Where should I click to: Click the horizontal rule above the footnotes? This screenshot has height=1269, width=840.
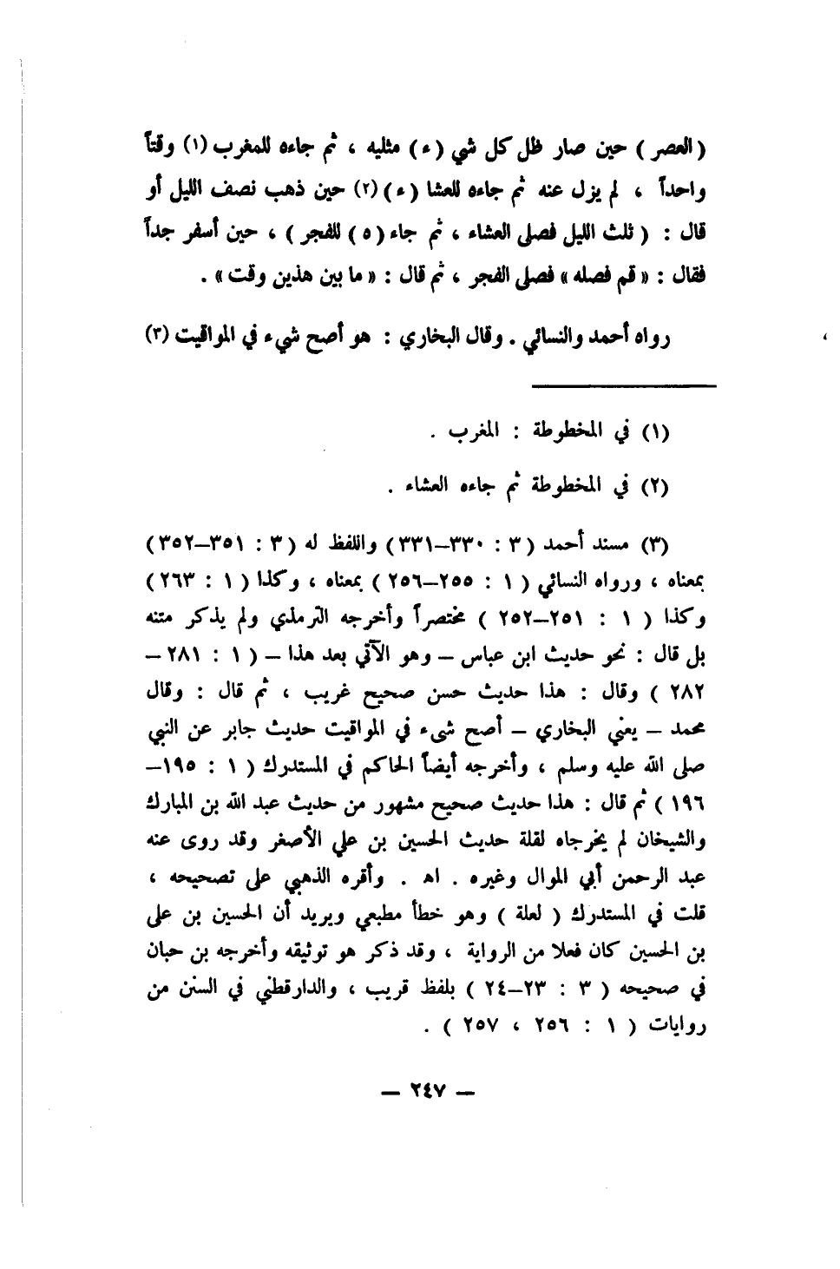tap(623, 385)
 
